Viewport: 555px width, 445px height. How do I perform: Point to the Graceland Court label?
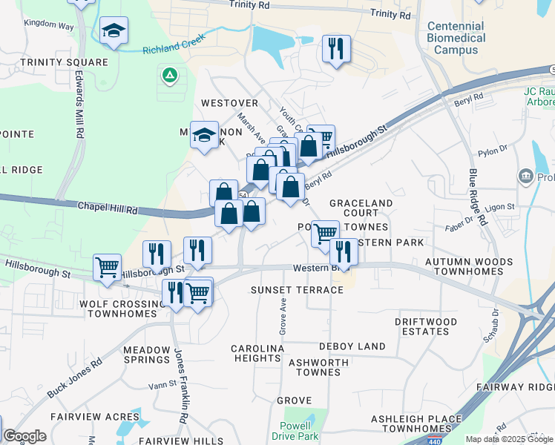tap(361, 208)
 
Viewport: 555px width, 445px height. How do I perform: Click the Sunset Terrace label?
tap(297, 289)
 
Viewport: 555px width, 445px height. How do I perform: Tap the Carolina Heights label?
tap(257, 353)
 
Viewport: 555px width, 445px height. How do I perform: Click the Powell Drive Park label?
tap(300, 431)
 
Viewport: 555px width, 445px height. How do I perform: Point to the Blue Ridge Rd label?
tap(478, 197)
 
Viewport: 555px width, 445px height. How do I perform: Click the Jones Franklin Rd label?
tap(180, 386)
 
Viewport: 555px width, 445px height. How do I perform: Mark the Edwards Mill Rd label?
tap(78, 104)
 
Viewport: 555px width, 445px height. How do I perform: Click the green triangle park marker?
tap(169, 75)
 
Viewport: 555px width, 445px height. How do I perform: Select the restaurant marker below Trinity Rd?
tap(335, 49)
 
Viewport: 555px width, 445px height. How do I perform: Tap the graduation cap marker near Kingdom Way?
tap(114, 30)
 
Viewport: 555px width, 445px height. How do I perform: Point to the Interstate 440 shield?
tap(434, 441)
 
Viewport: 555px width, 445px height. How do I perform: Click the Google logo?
tap(25, 436)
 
